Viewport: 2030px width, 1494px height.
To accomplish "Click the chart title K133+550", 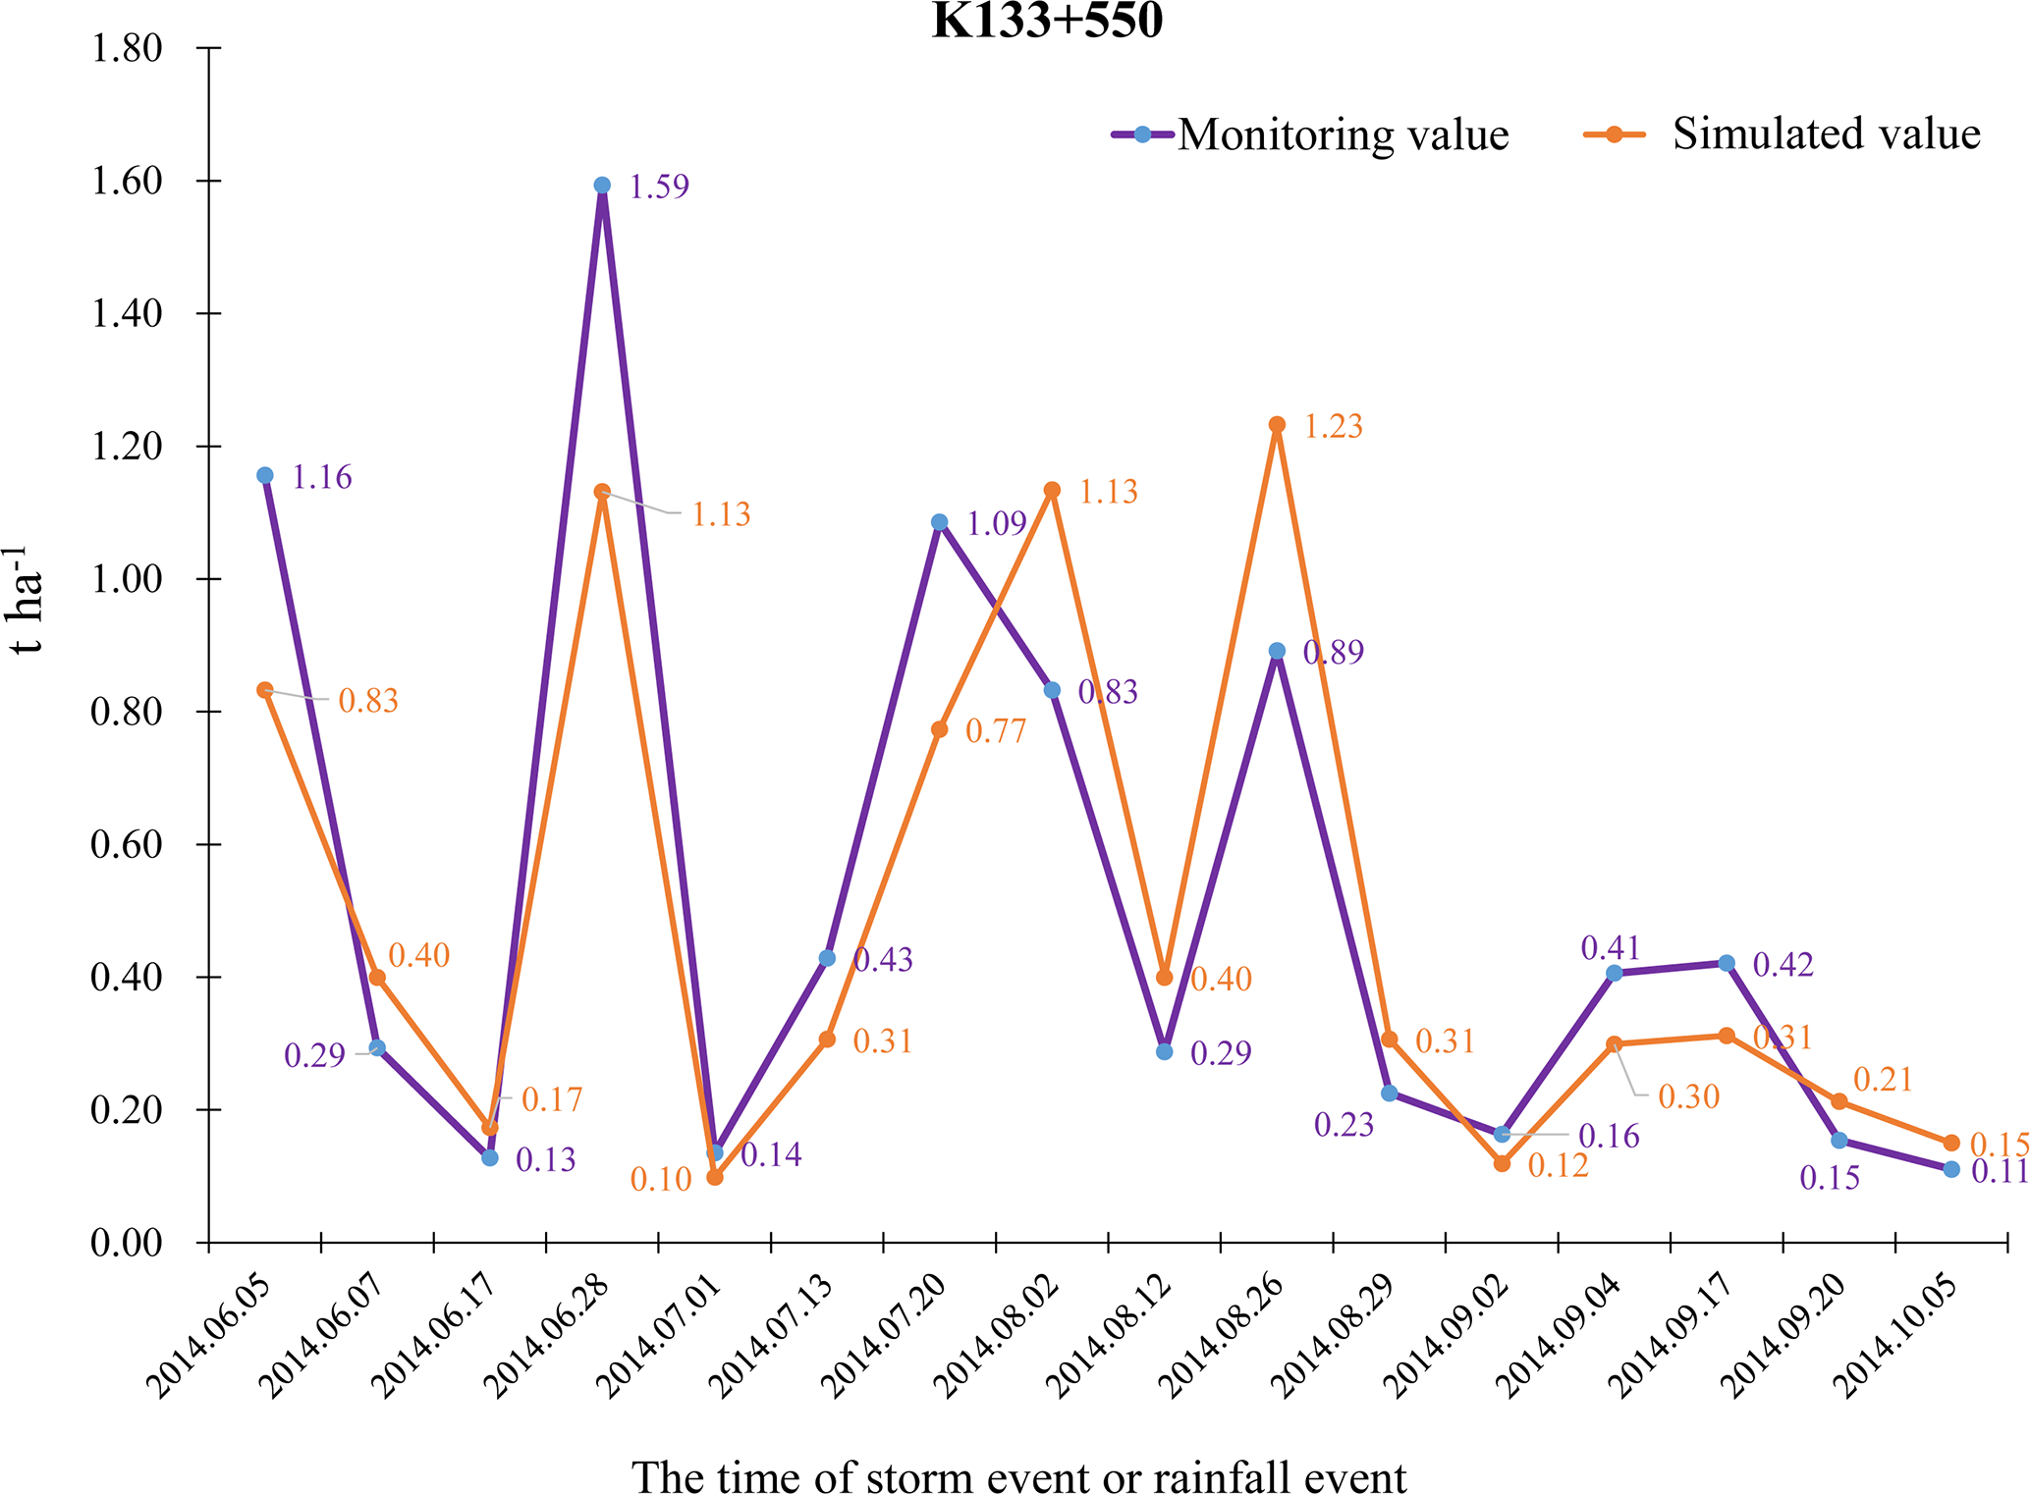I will click(x=1047, y=22).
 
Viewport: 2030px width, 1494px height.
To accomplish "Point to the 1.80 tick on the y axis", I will click(x=127, y=48).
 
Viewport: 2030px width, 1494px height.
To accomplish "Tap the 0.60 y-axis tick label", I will click(x=127, y=845).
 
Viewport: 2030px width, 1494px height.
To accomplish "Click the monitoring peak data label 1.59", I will click(x=659, y=187).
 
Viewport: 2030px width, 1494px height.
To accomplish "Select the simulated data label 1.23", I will click(x=1333, y=427).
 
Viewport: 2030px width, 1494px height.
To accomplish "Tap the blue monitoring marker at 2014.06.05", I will click(x=265, y=475).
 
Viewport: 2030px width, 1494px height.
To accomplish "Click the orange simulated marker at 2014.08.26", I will click(x=1277, y=425).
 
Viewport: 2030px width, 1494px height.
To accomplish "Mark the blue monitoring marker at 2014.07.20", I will click(x=940, y=522).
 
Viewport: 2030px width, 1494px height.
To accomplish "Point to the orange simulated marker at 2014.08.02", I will click(x=1052, y=490).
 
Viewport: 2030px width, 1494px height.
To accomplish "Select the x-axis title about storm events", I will click(x=1018, y=1475).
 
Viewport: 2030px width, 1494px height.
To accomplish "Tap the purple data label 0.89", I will click(x=1333, y=653).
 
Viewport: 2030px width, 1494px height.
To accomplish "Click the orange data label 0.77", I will click(x=995, y=731).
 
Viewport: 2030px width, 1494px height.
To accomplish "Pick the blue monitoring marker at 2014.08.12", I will click(x=1165, y=1051).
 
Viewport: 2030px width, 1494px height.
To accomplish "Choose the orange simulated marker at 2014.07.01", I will click(x=715, y=1177).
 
